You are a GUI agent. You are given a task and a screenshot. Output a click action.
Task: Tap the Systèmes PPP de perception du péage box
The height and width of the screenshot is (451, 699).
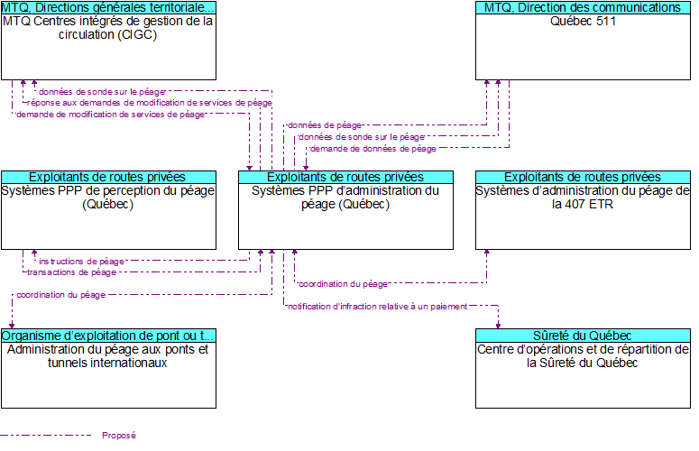[x=108, y=216]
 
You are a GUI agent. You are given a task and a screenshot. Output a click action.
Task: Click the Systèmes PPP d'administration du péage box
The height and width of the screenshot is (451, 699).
[x=345, y=216]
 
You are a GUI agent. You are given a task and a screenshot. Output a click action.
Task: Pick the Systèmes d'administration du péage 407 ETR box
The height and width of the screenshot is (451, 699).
[x=583, y=216]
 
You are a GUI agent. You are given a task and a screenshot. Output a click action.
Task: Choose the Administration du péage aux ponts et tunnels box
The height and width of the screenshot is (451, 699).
[x=108, y=375]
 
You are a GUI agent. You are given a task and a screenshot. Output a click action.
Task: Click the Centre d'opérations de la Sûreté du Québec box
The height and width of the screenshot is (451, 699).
[x=583, y=375]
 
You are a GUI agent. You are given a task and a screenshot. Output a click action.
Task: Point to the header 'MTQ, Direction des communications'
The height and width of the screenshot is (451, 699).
[x=583, y=7]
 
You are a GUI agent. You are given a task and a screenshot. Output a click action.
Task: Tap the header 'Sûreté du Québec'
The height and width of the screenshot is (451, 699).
[x=583, y=336]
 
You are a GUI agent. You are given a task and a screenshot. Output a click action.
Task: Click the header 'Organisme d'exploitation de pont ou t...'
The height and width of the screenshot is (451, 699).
[x=108, y=336]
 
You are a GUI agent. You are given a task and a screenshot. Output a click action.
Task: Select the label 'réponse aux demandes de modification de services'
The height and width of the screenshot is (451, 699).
[x=149, y=103]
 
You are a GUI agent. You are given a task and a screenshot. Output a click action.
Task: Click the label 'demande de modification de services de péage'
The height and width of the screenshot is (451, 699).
[x=110, y=115]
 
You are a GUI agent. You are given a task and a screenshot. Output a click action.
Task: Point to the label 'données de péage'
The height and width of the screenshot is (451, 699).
[x=325, y=125]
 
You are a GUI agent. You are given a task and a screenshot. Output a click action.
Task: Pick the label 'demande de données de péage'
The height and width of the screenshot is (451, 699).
[x=372, y=149]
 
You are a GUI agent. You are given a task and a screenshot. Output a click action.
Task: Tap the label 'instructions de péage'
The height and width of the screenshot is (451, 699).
[x=82, y=261]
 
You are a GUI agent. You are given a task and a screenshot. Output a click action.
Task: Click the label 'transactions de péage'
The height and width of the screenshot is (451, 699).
[x=71, y=272]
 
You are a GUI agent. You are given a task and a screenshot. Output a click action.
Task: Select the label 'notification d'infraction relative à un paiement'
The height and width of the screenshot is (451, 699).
[x=377, y=307]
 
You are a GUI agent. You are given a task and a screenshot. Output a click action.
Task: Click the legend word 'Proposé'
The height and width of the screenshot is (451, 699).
[x=119, y=436]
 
